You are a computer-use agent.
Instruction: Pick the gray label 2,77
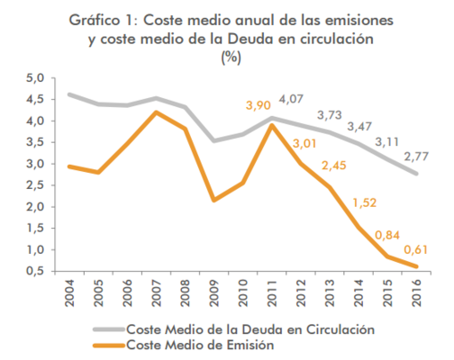point(415,157)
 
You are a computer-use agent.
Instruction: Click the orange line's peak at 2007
point(156,112)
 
